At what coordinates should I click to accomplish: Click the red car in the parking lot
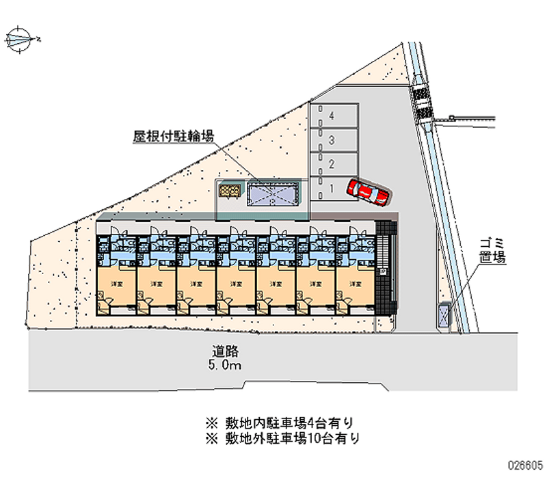click(x=368, y=191)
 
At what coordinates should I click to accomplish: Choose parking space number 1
click(x=333, y=187)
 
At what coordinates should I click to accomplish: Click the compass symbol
click(x=21, y=39)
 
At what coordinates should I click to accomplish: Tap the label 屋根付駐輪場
click(x=173, y=137)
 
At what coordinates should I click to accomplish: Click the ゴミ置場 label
click(x=492, y=251)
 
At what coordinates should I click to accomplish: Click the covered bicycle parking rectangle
click(x=273, y=195)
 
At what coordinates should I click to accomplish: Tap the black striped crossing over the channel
click(x=423, y=103)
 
